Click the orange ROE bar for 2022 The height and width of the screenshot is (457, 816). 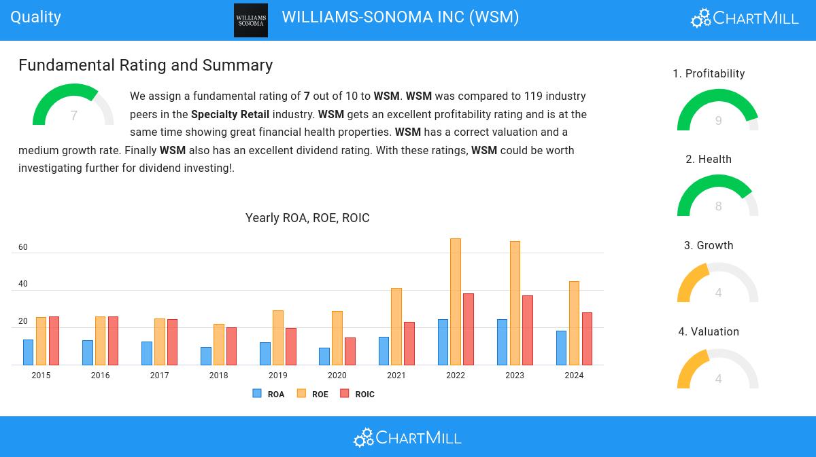tap(456, 301)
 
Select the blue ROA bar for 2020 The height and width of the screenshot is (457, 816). tap(324, 357)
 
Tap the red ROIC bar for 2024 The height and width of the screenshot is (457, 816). tap(587, 339)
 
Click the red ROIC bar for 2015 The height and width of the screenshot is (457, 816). tap(54, 341)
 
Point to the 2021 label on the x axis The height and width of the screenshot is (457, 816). tap(396, 376)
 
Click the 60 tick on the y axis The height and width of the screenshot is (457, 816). tap(23, 247)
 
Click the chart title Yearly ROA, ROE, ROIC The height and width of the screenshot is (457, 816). tap(307, 218)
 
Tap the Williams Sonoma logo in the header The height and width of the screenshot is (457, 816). tap(251, 20)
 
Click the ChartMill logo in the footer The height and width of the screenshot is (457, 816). tap(407, 437)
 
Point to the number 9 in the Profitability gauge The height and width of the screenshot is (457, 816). tap(718, 121)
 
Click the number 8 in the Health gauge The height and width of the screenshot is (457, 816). tap(718, 206)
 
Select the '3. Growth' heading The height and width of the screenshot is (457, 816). tap(709, 246)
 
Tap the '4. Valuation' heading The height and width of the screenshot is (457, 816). tap(709, 332)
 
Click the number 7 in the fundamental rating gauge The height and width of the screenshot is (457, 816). tap(73, 116)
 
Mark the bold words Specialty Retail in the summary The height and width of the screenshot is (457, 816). tap(230, 114)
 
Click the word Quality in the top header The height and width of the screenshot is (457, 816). tap(36, 17)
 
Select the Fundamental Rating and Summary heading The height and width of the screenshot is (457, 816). tap(146, 65)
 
